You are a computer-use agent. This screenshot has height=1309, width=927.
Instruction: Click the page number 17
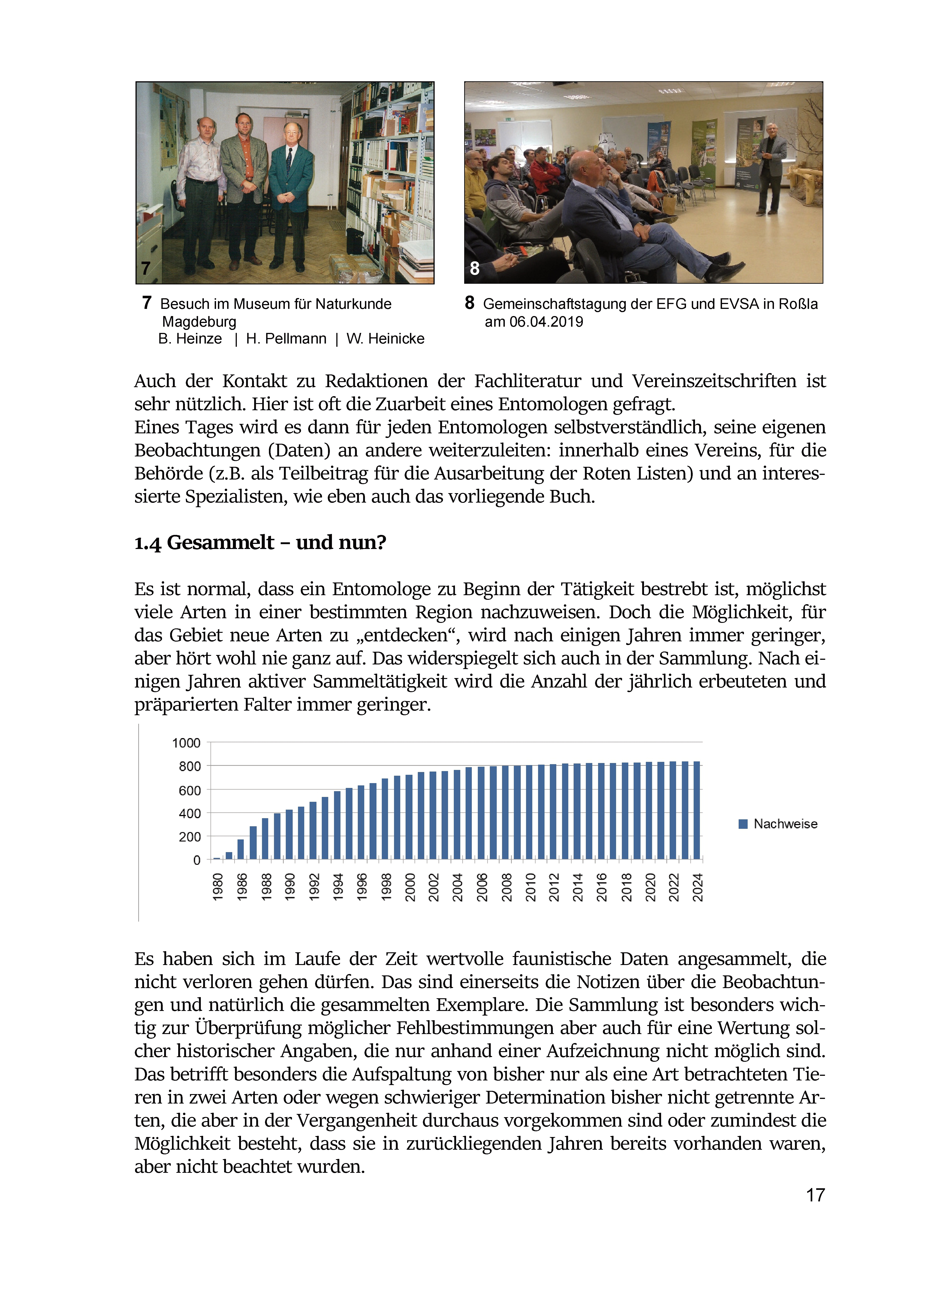[x=815, y=1195]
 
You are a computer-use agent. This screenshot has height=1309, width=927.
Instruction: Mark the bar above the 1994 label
[x=337, y=825]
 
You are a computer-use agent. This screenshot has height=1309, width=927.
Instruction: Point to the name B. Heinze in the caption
[x=190, y=339]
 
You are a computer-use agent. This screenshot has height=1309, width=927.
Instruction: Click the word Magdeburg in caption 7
[x=199, y=322]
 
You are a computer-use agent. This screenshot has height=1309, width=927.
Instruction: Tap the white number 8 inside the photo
[x=474, y=268]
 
